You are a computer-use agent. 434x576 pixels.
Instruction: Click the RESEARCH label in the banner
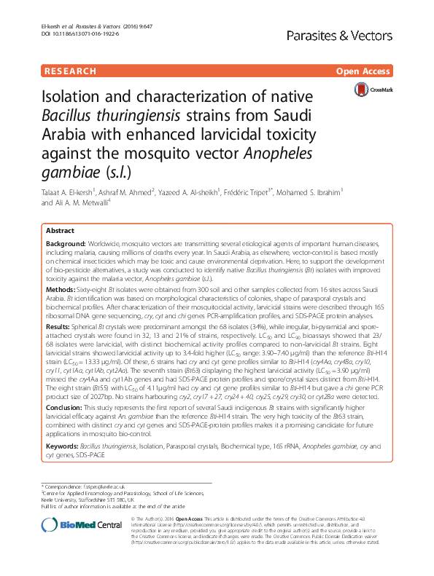tap(71, 71)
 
